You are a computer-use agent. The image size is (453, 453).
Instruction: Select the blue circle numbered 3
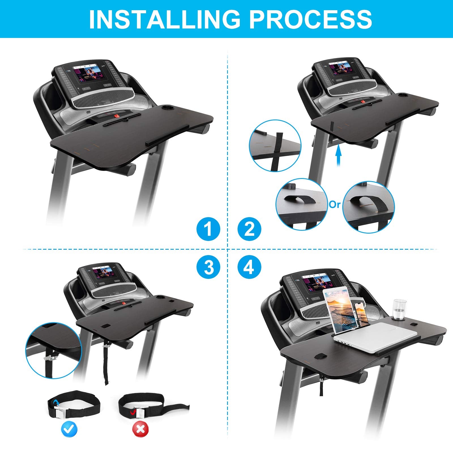click(x=208, y=267)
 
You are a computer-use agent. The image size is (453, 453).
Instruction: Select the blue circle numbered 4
click(x=249, y=267)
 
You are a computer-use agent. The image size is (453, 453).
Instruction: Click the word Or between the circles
click(x=335, y=204)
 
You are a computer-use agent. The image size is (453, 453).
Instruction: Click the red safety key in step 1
click(x=116, y=116)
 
